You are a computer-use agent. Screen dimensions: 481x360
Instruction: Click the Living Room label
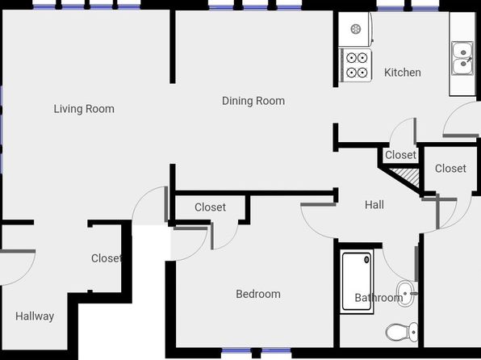click(84, 109)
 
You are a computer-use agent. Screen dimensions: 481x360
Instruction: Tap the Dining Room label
click(253, 101)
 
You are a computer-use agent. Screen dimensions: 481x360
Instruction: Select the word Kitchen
click(403, 73)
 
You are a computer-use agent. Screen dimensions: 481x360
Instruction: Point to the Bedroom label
click(258, 294)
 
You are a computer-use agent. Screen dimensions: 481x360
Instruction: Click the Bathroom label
click(379, 298)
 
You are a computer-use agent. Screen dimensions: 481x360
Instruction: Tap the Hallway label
click(35, 316)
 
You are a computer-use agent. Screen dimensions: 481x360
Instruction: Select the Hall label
click(374, 205)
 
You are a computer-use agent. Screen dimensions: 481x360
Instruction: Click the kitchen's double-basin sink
click(462, 58)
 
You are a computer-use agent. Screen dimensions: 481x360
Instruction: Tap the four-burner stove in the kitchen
click(356, 65)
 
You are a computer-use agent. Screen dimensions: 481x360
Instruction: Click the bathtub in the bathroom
click(357, 282)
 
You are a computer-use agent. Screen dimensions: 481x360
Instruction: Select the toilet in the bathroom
click(402, 332)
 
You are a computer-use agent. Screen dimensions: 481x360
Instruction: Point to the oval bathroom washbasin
click(405, 294)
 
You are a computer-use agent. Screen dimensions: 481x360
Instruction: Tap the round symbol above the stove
click(356, 29)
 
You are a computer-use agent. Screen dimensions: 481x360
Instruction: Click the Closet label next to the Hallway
click(107, 258)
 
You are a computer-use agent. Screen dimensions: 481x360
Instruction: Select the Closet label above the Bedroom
click(210, 207)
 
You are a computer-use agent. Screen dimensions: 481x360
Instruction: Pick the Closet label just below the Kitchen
click(400, 155)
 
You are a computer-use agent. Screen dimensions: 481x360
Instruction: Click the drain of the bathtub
click(366, 260)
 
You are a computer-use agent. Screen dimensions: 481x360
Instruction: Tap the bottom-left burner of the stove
click(351, 73)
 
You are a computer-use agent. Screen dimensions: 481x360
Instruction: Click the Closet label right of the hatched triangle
click(450, 168)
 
